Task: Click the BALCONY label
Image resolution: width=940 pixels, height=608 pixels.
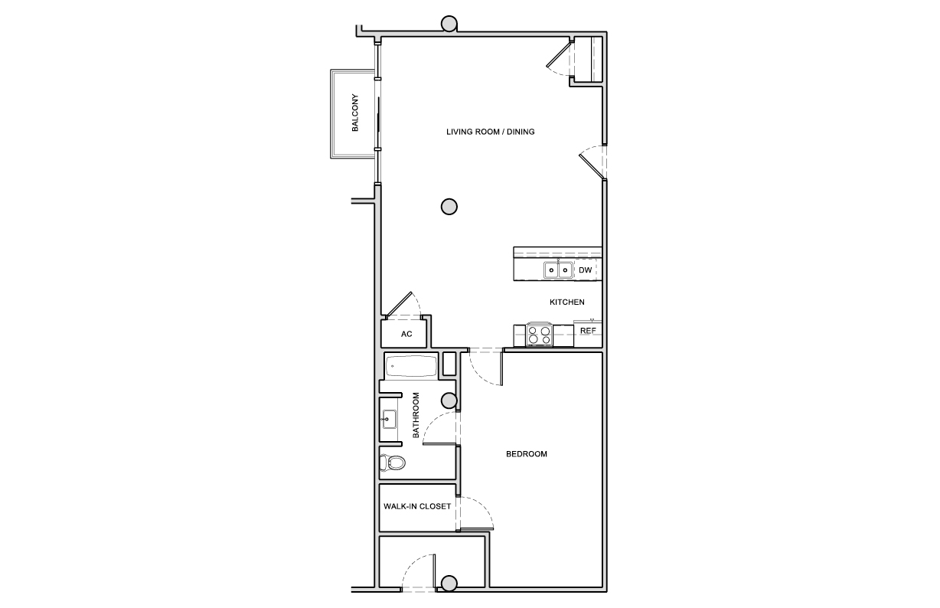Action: click(355, 113)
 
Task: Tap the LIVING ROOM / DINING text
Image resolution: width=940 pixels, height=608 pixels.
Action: click(490, 132)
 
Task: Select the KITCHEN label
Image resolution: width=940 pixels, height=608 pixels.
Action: click(567, 302)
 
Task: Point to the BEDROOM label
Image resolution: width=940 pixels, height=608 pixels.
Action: click(526, 454)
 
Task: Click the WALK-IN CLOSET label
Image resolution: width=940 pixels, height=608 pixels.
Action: click(417, 506)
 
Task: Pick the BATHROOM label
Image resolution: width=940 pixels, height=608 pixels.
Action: click(416, 415)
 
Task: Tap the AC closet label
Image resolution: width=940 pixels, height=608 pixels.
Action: click(406, 334)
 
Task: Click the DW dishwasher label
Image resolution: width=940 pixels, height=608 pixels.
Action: click(585, 270)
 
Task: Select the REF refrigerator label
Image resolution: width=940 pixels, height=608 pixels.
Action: click(588, 331)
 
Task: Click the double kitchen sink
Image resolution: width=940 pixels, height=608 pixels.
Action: click(558, 270)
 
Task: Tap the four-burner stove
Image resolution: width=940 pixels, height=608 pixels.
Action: click(539, 335)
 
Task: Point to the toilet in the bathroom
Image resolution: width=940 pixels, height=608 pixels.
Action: click(393, 463)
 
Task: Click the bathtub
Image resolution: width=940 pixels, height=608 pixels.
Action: click(411, 366)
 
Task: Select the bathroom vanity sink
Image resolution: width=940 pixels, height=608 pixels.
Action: click(389, 419)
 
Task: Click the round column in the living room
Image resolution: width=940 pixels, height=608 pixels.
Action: click(449, 207)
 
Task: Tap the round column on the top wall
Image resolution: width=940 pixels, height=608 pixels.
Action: click(449, 24)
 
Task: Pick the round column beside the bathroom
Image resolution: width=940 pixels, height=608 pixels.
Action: click(449, 401)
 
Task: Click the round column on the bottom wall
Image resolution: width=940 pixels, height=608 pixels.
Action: click(449, 583)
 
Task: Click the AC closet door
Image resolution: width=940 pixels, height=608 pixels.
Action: click(399, 304)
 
